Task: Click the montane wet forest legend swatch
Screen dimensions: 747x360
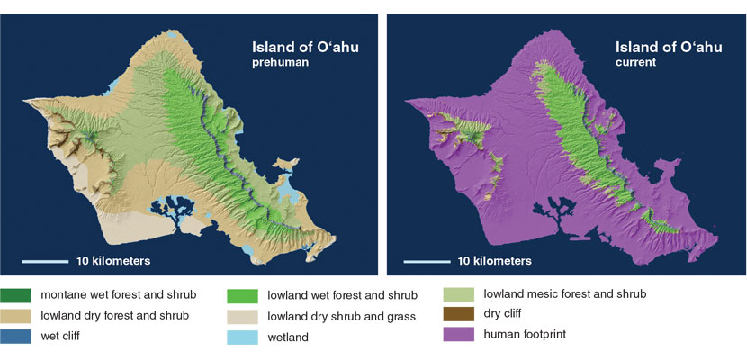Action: (15, 295)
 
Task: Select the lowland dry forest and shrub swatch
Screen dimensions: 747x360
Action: (15, 316)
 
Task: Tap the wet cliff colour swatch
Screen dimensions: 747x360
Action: (15, 337)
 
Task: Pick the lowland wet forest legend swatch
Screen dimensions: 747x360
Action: (242, 296)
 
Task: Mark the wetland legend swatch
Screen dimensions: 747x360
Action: (242, 337)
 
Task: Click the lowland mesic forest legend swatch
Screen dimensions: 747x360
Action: (459, 294)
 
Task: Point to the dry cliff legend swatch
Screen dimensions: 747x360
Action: (459, 314)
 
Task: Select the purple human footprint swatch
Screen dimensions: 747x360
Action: (459, 334)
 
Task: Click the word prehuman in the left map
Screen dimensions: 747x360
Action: (277, 62)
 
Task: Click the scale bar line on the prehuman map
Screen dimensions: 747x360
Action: (45, 261)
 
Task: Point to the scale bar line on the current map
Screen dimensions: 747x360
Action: (427, 261)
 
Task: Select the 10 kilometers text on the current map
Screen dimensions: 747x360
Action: (494, 261)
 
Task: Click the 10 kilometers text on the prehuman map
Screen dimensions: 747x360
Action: (113, 261)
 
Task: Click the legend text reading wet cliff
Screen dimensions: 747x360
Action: (59, 337)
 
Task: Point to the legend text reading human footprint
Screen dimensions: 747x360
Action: (525, 334)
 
